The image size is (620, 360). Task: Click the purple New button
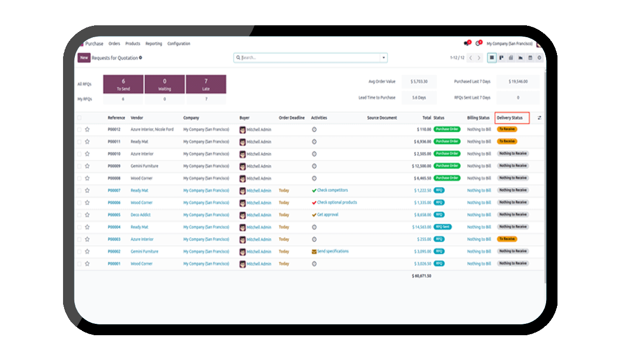(84, 58)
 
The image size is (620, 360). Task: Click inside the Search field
(310, 58)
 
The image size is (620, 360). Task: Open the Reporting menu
(153, 44)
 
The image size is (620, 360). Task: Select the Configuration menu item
(179, 44)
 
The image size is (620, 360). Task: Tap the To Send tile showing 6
(123, 84)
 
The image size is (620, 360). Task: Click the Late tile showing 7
(206, 84)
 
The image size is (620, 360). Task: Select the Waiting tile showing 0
(164, 84)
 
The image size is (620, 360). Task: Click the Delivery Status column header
(510, 118)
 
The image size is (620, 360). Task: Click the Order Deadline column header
(292, 118)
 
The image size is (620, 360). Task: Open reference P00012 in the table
(114, 130)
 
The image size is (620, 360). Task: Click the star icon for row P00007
(87, 191)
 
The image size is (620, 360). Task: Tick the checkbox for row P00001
(79, 264)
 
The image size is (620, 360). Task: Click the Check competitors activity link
(332, 191)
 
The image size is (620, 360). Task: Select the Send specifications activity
(333, 252)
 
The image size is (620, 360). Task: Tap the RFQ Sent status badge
(443, 227)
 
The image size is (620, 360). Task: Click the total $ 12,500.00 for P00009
(421, 166)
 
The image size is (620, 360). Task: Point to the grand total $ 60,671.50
(421, 276)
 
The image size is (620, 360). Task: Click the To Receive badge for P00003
(507, 239)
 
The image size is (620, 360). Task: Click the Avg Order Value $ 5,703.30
(419, 82)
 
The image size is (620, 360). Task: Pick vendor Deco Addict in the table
(141, 215)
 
